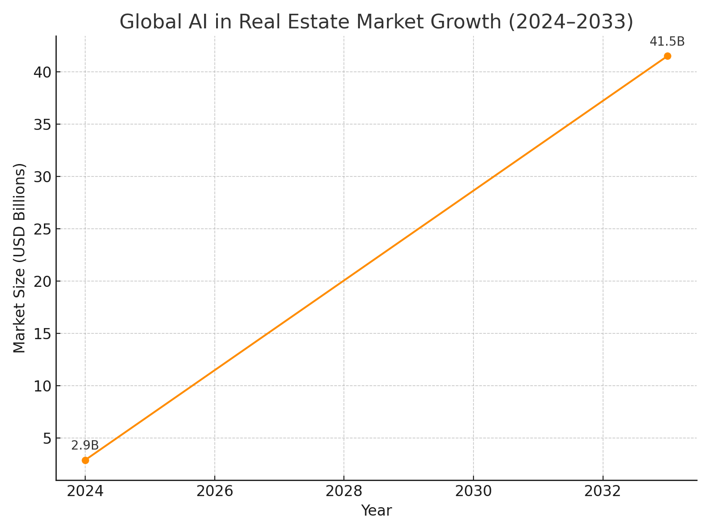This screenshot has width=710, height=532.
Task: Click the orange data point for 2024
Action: pyautogui.click(x=85, y=460)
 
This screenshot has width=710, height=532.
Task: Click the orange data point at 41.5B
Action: pyautogui.click(x=667, y=56)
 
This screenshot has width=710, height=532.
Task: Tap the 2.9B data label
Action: pyautogui.click(x=85, y=446)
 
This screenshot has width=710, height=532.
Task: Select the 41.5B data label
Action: pyautogui.click(x=667, y=42)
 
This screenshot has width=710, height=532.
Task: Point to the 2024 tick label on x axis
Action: pyautogui.click(x=85, y=491)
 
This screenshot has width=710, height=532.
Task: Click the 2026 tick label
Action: pyautogui.click(x=215, y=491)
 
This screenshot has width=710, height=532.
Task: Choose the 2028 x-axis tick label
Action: pyautogui.click(x=344, y=491)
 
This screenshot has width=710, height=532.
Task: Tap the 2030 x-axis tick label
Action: pyautogui.click(x=473, y=491)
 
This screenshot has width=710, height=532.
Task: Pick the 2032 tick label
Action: pyautogui.click(x=603, y=491)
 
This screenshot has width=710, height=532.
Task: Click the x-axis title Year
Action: pyautogui.click(x=376, y=511)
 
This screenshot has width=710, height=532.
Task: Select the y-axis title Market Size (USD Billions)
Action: pyautogui.click(x=20, y=258)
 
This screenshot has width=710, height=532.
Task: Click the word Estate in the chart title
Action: pyautogui.click(x=385, y=22)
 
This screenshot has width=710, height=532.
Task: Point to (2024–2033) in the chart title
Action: pyautogui.click(x=571, y=22)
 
